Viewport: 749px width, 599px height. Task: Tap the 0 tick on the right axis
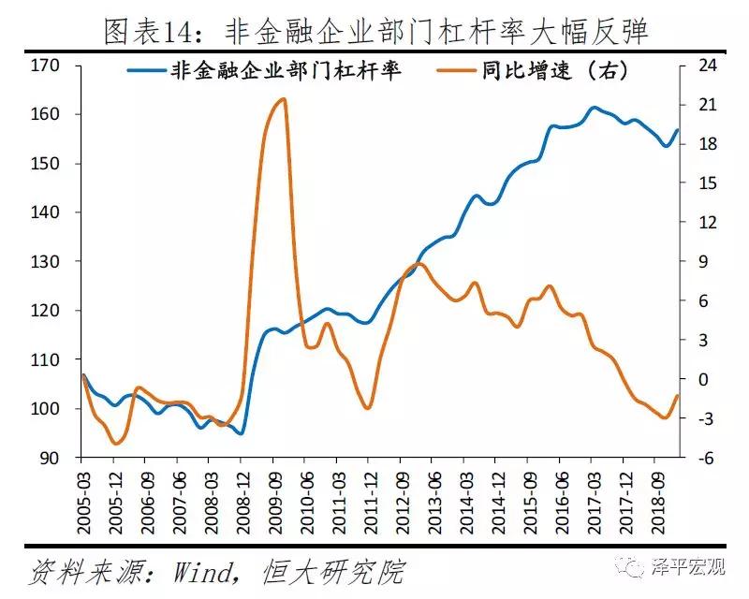[700, 379]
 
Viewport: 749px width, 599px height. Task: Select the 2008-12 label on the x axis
[241, 496]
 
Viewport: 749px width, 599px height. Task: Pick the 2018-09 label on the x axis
[654, 496]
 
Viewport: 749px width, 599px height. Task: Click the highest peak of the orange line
[282, 98]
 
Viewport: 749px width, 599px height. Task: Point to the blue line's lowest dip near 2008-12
[240, 433]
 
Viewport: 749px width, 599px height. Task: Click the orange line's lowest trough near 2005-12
[115, 443]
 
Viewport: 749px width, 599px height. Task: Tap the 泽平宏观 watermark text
[686, 565]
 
